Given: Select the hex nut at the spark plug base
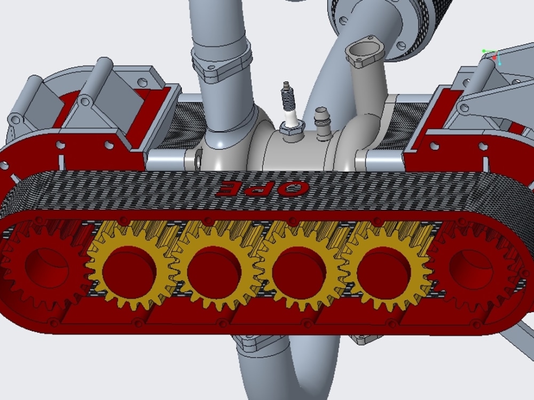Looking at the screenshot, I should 291,126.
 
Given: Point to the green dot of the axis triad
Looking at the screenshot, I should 484,51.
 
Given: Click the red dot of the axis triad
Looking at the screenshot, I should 494,57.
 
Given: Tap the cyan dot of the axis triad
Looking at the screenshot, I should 500,63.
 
